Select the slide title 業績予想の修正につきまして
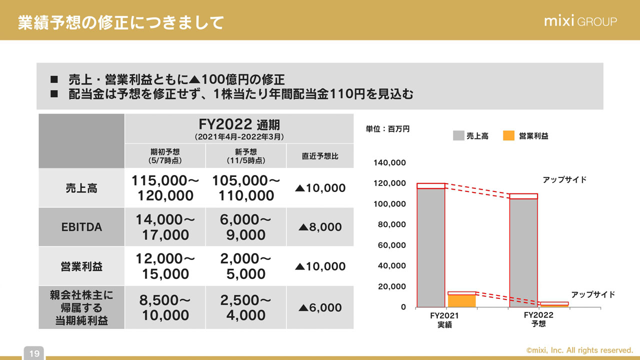tap(120, 22)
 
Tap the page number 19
tap(34, 353)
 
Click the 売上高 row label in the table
tap(81, 188)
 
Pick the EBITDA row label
tap(81, 227)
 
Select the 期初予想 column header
tap(165, 156)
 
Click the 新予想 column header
tap(245, 156)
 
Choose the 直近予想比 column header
tap(320, 156)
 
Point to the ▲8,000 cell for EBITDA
tap(320, 227)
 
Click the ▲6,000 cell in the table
tap(320, 307)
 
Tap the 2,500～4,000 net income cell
tap(245, 307)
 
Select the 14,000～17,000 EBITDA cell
tap(165, 227)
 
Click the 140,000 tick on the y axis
tap(389, 163)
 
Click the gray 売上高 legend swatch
tap(458, 135)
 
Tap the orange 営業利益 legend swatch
tap(508, 135)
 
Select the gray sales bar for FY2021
tap(430, 247)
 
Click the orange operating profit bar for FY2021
tap(461, 300)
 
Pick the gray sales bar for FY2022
tap(523, 252)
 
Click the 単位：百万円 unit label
tap(387, 129)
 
